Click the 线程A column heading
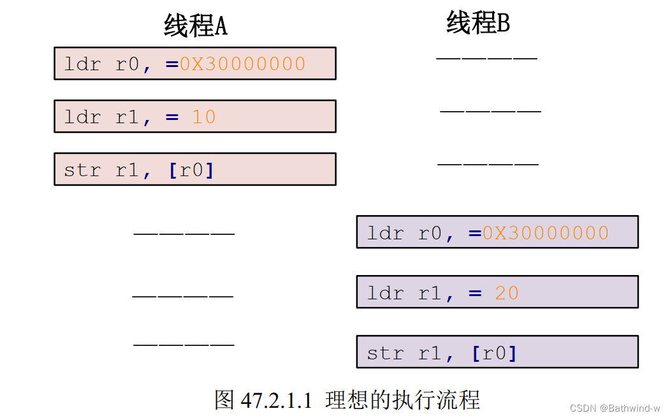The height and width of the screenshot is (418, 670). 196,26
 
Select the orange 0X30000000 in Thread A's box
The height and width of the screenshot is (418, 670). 242,64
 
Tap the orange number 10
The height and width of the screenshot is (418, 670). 204,117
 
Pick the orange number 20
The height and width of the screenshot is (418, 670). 507,293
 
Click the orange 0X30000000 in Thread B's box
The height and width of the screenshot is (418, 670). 545,233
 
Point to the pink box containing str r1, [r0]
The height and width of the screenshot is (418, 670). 194,169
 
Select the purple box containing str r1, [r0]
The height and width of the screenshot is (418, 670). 497,352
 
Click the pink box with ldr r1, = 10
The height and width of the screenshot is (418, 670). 194,116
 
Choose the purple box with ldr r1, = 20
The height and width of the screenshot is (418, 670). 497,292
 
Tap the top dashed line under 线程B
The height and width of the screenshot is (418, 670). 487,58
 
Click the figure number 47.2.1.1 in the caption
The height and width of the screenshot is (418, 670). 277,401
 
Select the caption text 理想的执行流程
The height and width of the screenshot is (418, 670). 402,400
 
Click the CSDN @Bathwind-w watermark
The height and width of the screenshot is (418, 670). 615,408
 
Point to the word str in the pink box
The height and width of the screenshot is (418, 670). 82,170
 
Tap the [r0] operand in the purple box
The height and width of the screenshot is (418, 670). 494,353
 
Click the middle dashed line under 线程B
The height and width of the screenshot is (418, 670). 490,111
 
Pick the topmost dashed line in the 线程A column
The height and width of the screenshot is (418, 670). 184,234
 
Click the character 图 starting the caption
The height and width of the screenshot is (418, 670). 225,400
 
